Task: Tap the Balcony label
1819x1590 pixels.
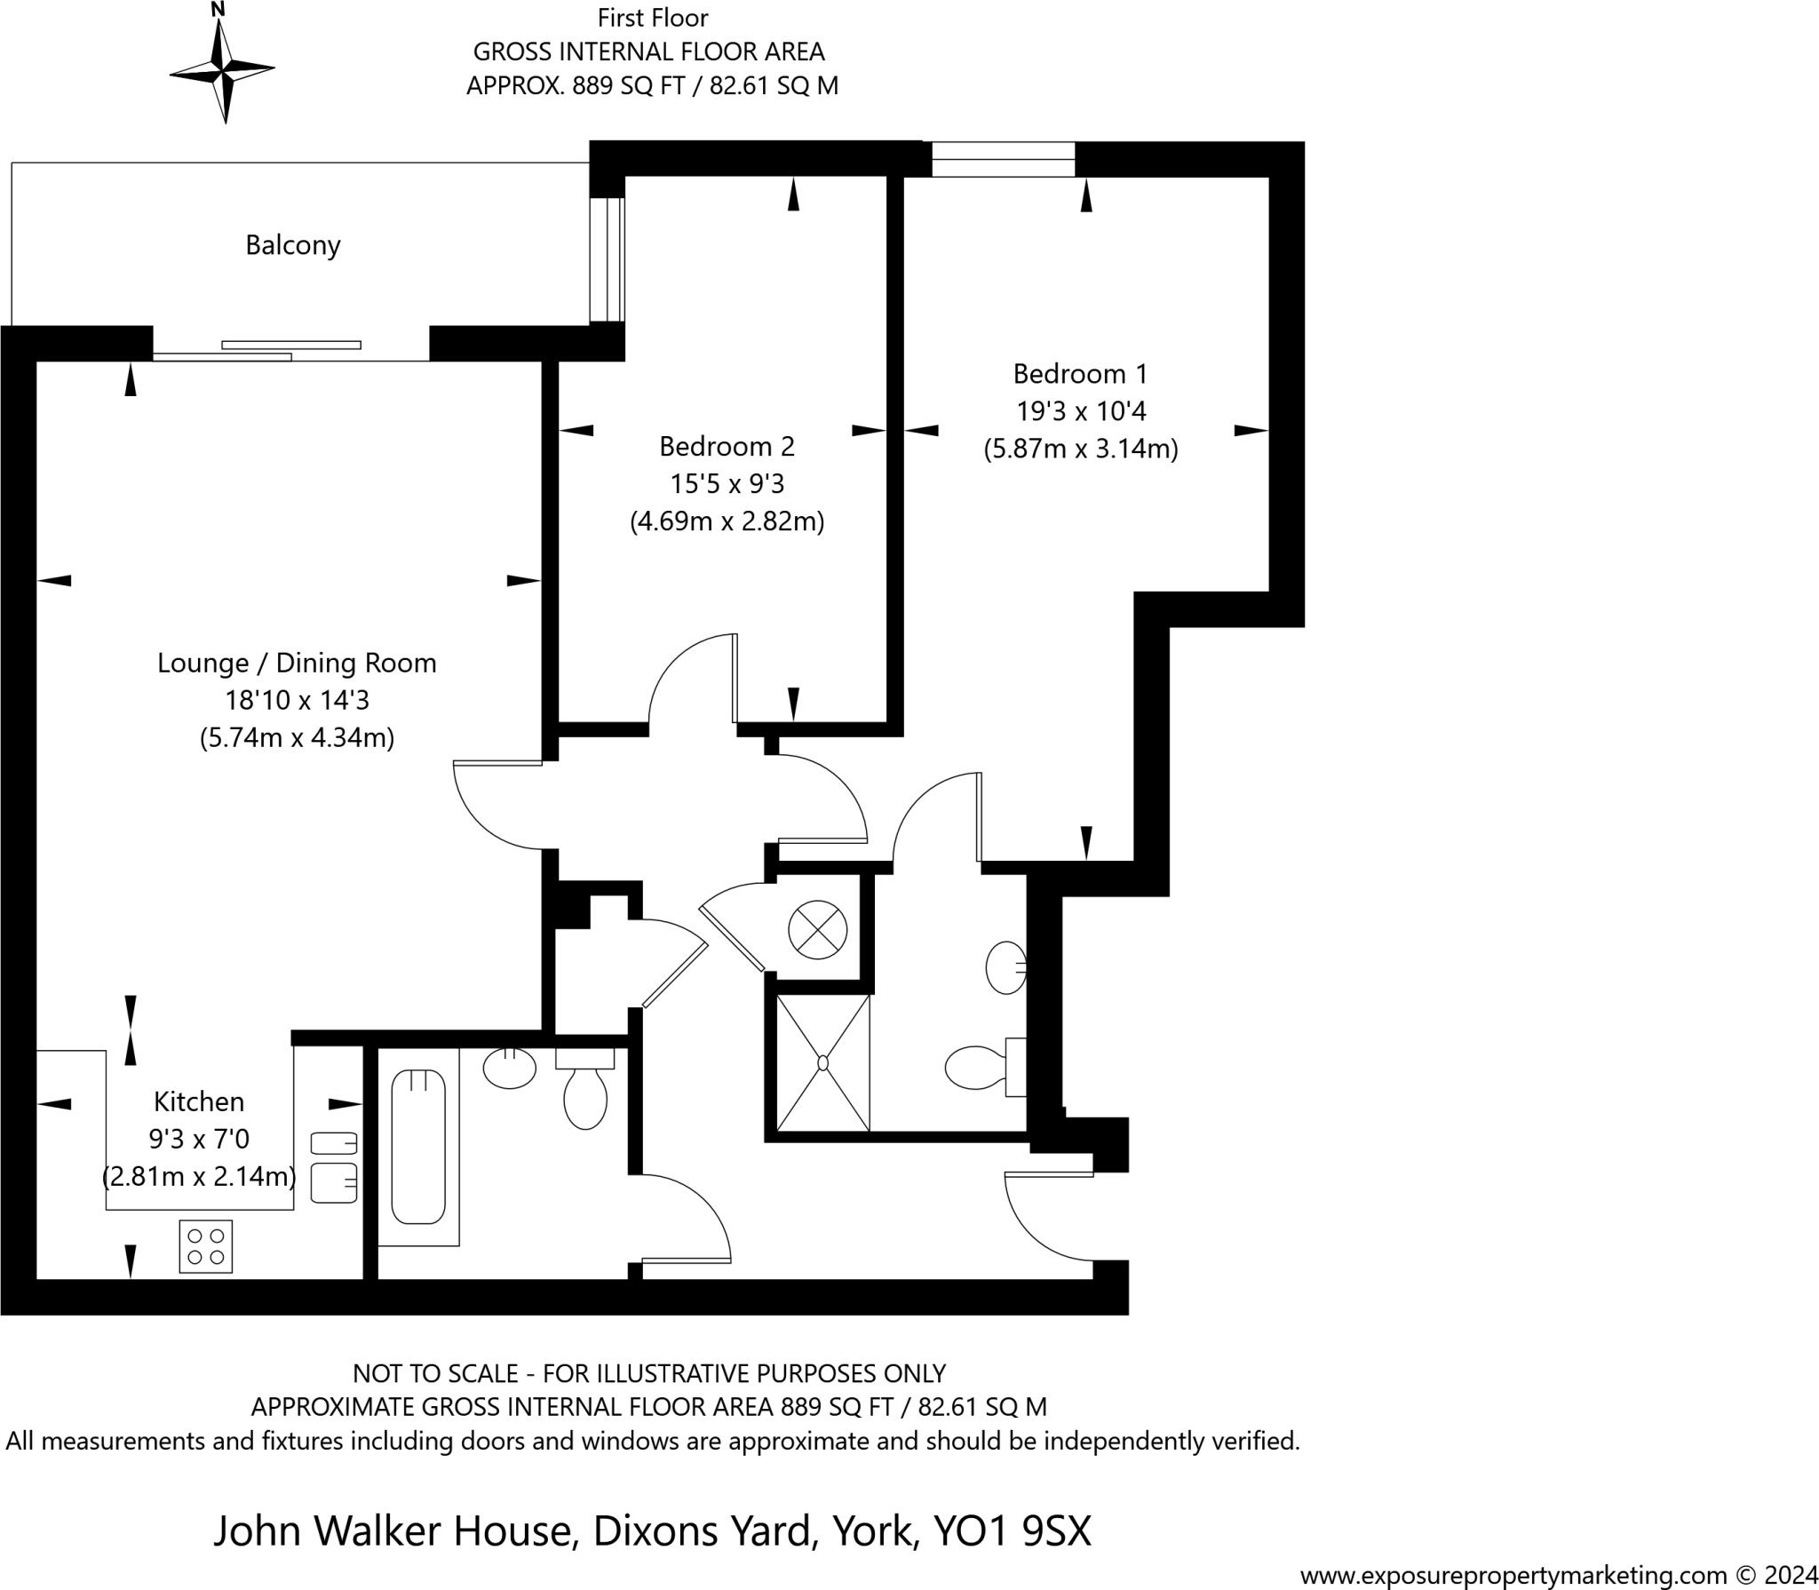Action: pyautogui.click(x=293, y=245)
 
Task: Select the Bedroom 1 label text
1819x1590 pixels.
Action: pyautogui.click(x=1080, y=374)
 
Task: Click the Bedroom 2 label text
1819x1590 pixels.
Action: pyautogui.click(x=727, y=446)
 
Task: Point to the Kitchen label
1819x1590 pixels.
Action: pyautogui.click(x=199, y=1101)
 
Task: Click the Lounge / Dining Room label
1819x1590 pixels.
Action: pyautogui.click(x=297, y=663)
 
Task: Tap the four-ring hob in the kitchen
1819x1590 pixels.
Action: pyautogui.click(x=206, y=1246)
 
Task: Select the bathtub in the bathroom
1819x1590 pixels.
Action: pyautogui.click(x=418, y=1146)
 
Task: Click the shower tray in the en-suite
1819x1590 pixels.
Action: pyautogui.click(x=822, y=1062)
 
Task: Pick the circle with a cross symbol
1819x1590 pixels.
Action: pyautogui.click(x=818, y=930)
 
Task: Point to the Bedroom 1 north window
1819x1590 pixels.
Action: pyautogui.click(x=1003, y=160)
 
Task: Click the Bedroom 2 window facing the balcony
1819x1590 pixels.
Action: pyautogui.click(x=608, y=258)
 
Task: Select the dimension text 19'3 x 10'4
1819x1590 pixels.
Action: pyautogui.click(x=1081, y=411)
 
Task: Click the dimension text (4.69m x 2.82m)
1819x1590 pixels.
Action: pyautogui.click(x=727, y=521)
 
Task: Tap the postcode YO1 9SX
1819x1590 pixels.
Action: pyautogui.click(x=1012, y=1530)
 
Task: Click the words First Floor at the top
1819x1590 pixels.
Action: pyautogui.click(x=653, y=18)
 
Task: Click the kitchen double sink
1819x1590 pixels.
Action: pyautogui.click(x=334, y=1167)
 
